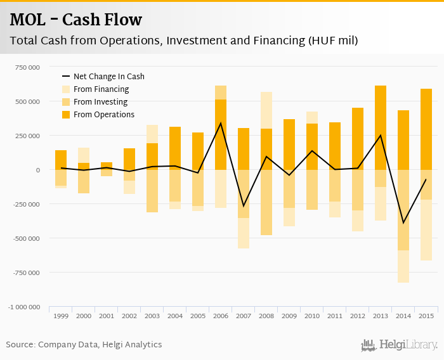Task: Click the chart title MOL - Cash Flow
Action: click(x=76, y=20)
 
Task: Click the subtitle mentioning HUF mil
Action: click(x=184, y=41)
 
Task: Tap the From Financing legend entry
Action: click(x=101, y=89)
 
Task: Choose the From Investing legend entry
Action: click(x=100, y=102)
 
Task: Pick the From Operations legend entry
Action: click(x=104, y=115)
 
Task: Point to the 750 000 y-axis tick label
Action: click(x=26, y=67)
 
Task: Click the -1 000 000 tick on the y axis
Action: click(x=24, y=307)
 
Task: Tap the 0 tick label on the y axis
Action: click(x=38, y=170)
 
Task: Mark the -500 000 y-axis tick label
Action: click(x=25, y=238)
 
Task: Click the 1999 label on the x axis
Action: click(x=61, y=316)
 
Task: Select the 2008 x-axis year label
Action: click(x=266, y=316)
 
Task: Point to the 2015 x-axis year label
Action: click(x=426, y=316)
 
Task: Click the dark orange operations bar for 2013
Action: click(x=381, y=127)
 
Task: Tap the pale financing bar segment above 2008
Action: click(x=266, y=110)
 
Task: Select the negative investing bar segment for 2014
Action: click(x=403, y=210)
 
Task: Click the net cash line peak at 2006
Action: click(x=221, y=123)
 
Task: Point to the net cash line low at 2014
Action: click(x=403, y=223)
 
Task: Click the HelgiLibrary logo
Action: click(x=400, y=345)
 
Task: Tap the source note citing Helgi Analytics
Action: click(x=84, y=345)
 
